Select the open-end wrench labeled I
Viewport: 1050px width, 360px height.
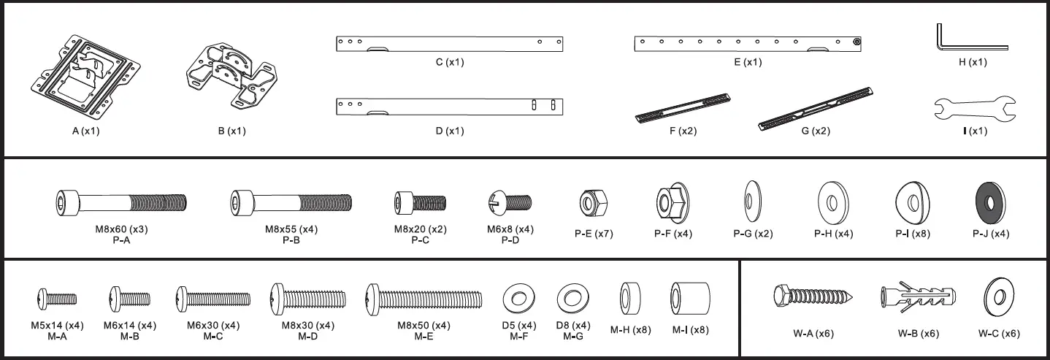tap(974, 109)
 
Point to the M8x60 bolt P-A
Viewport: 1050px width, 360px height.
tap(121, 201)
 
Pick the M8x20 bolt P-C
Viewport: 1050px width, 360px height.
tap(419, 201)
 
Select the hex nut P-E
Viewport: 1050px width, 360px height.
tap(590, 200)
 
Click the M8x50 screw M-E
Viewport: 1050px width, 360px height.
tap(424, 298)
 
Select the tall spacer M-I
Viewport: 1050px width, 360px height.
tap(689, 298)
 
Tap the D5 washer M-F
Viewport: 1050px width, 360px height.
tap(518, 298)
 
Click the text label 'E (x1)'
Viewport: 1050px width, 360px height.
tap(747, 63)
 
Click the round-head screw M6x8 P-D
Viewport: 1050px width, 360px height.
tap(510, 201)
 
